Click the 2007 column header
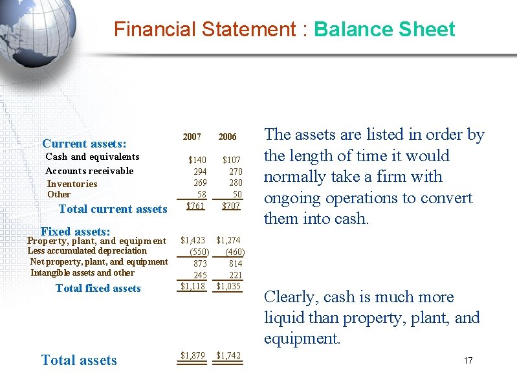pos(192,137)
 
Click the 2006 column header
pos(227,137)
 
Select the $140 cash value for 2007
pos(197,160)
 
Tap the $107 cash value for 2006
pos(232,160)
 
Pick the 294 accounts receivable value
pos(200,171)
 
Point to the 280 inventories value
pos(236,183)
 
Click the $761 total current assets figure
pos(195,206)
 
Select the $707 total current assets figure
pos(231,206)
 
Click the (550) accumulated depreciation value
pos(199,252)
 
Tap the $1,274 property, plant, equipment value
pos(228,240)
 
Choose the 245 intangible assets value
pos(200,275)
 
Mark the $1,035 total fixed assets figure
pos(228,286)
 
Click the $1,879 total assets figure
pos(193,355)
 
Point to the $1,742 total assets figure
pos(228,355)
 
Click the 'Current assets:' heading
pos(84,144)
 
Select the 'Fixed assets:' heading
pos(75,231)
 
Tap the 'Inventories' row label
pos(72,184)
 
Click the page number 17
pos(468,360)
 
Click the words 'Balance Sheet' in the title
pos(384,30)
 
